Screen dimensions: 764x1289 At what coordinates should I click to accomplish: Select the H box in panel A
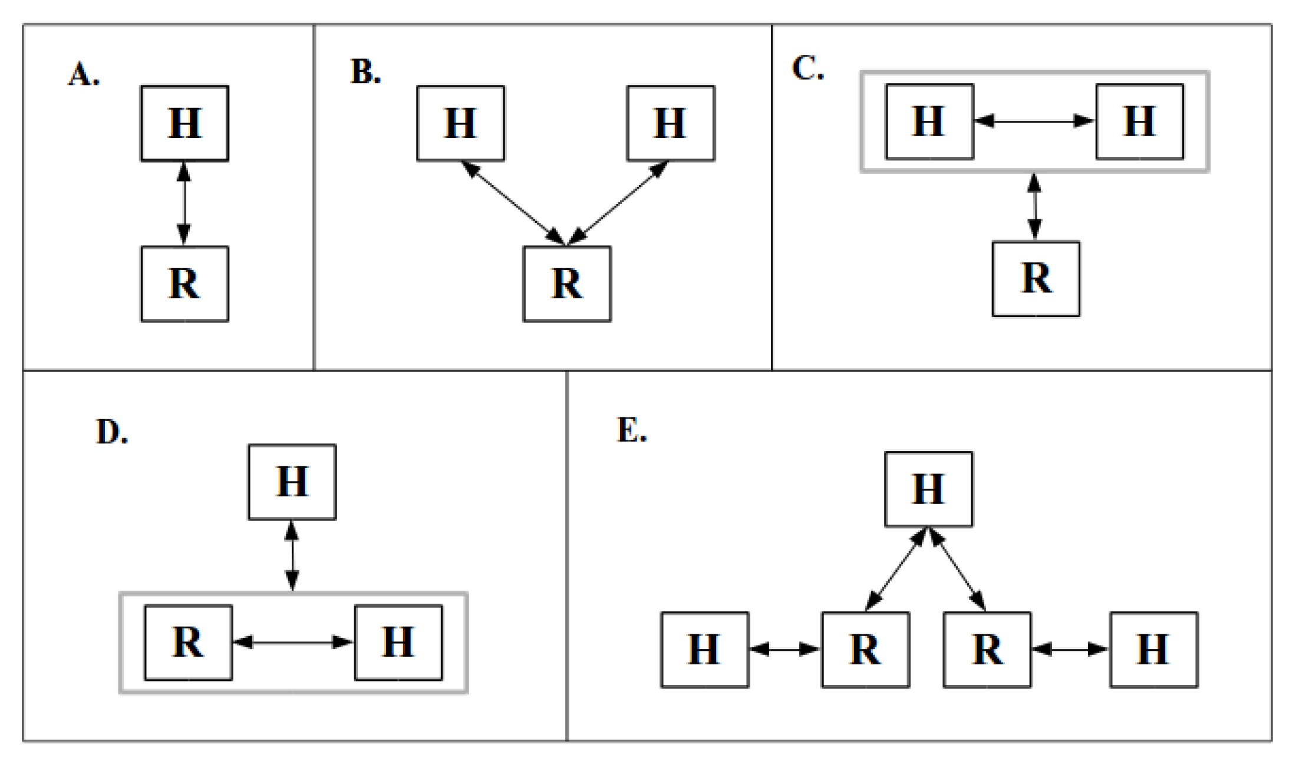[184, 123]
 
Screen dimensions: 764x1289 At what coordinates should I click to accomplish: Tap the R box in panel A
[184, 284]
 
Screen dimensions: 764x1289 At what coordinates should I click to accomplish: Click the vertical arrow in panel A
[184, 203]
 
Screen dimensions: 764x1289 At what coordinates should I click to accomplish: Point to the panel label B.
[365, 72]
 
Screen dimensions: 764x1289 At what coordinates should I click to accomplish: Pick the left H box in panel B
[460, 123]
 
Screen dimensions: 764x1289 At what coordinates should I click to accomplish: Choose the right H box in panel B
[671, 123]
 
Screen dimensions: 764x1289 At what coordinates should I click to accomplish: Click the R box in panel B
[567, 284]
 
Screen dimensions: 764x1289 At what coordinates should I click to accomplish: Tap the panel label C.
[807, 68]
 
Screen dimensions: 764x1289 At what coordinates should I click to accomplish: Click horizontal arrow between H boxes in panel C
[1034, 121]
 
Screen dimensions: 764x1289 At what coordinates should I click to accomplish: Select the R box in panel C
[1036, 279]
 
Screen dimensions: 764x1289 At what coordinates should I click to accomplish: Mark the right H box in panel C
[1139, 121]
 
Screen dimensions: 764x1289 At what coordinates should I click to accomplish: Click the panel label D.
[111, 432]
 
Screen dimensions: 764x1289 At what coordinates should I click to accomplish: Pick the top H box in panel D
[292, 482]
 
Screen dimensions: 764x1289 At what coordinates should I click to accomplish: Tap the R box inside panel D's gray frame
[188, 643]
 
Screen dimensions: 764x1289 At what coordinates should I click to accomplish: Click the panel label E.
[631, 430]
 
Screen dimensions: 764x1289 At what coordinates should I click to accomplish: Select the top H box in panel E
[928, 489]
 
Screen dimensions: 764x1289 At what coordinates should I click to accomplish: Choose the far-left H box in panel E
[704, 650]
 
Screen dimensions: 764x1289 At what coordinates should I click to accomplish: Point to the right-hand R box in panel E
[987, 650]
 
